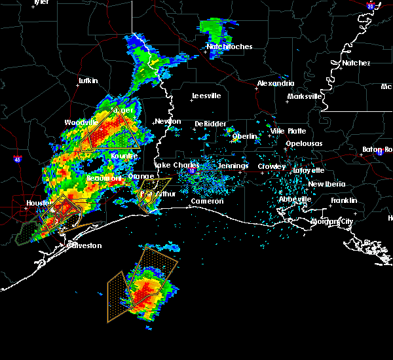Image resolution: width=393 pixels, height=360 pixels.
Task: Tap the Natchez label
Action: click(356, 63)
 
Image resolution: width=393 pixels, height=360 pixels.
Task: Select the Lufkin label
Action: click(88, 81)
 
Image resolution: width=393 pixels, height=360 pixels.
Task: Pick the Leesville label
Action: click(206, 96)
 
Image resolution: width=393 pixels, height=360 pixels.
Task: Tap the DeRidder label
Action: click(209, 124)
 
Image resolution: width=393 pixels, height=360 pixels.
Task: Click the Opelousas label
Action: click(303, 143)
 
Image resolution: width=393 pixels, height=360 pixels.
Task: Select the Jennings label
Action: click(233, 166)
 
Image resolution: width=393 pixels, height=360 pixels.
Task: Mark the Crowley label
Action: click(271, 166)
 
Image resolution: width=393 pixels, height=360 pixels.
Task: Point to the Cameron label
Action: click(207, 201)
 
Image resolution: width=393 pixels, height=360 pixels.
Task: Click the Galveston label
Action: click(85, 245)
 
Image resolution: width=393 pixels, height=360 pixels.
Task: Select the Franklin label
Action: click(344, 200)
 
